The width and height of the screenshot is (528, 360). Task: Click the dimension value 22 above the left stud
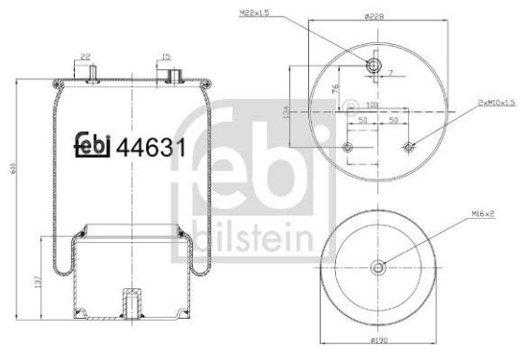point(86,57)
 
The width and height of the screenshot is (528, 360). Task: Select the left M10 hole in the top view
point(348,147)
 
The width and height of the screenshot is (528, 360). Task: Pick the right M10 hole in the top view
point(410,147)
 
